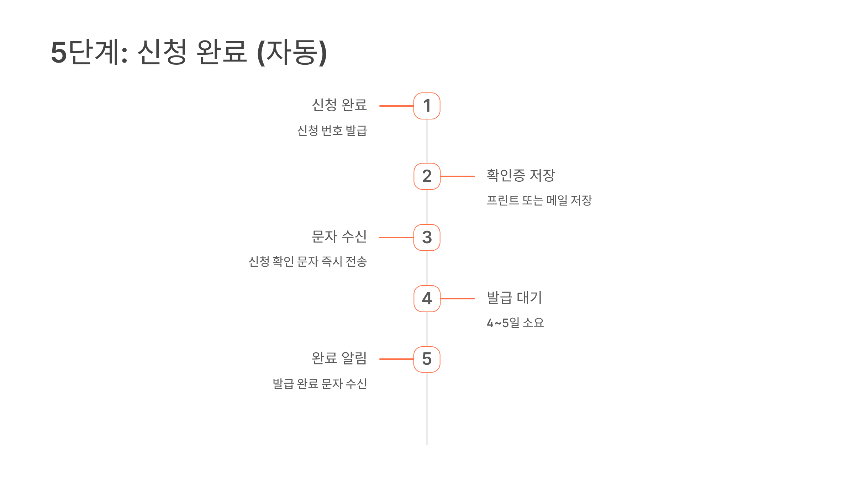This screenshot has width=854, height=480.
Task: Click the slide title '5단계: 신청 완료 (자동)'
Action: (189, 52)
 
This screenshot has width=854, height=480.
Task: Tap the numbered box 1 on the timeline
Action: (427, 106)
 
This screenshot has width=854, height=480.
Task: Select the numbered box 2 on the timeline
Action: (427, 176)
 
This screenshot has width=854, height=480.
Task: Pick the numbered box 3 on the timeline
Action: (427, 238)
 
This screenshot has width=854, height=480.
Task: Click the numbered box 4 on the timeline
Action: (427, 299)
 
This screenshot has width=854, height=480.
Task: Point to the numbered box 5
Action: (427, 359)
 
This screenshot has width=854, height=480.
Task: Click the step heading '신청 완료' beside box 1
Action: (339, 105)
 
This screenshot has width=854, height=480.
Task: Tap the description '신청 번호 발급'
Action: (332, 130)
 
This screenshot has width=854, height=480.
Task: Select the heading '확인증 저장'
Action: (521, 175)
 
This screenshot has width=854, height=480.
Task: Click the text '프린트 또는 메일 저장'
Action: (539, 200)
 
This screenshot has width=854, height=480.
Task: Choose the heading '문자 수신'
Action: (339, 236)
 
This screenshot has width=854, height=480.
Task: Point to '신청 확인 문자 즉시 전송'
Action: (307, 262)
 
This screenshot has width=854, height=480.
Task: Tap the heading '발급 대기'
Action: (514, 298)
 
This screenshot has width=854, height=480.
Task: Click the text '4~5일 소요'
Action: (515, 323)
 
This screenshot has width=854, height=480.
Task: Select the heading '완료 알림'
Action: (339, 358)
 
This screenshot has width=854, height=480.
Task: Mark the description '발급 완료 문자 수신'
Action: (320, 384)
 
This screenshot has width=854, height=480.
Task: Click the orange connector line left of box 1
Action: (396, 106)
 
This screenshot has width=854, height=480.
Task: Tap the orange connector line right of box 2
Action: (458, 176)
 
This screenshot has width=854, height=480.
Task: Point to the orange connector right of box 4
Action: (458, 299)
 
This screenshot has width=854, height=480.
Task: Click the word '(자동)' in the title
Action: (292, 52)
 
